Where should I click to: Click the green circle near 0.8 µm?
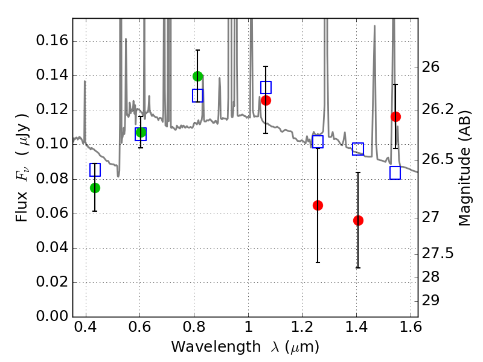tap(198, 76)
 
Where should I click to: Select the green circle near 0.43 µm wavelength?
tap(95, 188)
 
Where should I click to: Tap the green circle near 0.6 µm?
tap(141, 132)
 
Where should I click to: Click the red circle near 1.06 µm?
tap(266, 100)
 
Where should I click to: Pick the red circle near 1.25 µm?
tap(318, 205)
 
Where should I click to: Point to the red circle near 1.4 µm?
tap(358, 220)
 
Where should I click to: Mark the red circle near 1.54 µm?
tap(396, 116)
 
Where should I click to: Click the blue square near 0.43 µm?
tap(95, 170)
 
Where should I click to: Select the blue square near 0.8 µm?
tap(198, 96)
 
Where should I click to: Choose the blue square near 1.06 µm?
tap(266, 87)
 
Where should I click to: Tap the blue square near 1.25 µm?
tap(318, 142)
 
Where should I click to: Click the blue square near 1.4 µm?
tap(358, 149)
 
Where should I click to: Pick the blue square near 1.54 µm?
tap(395, 173)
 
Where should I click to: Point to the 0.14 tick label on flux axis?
tap(52, 75)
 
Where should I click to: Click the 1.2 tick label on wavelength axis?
tap(303, 327)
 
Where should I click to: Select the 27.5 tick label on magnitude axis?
tap(438, 253)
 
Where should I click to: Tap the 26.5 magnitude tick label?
tap(438, 159)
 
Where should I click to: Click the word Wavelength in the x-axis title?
tap(216, 347)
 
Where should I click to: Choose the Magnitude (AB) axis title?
tap(464, 168)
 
